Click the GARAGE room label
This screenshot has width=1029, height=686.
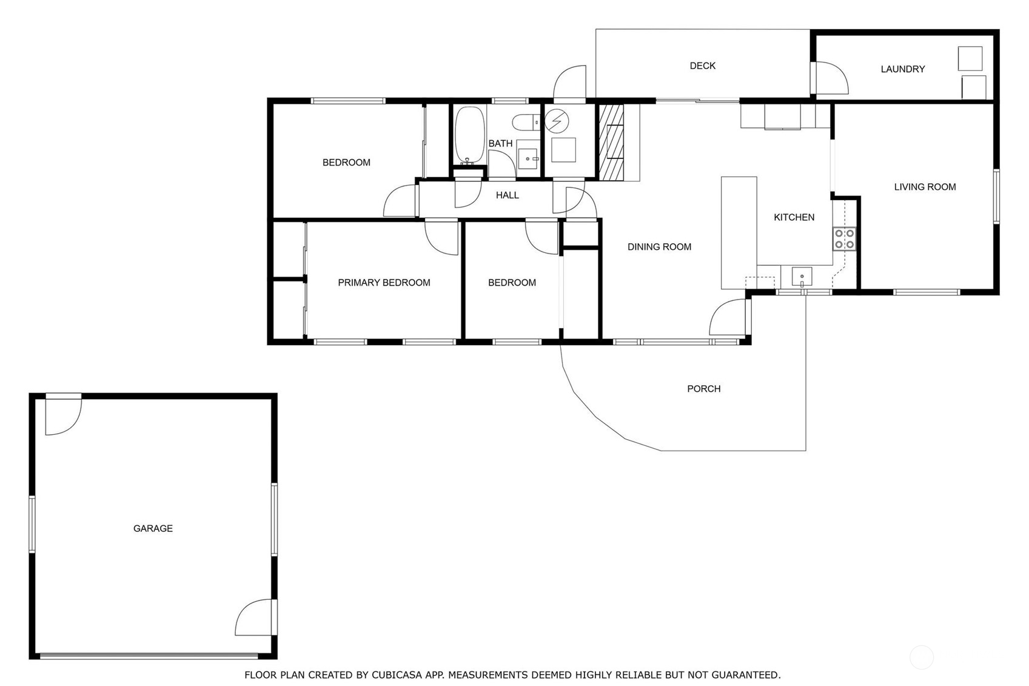pyautogui.click(x=153, y=528)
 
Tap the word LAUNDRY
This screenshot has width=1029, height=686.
pyautogui.click(x=903, y=69)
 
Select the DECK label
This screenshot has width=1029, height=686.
pyautogui.click(x=702, y=66)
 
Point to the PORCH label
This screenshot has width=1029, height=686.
pyautogui.click(x=704, y=389)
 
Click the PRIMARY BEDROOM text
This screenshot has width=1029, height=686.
pyautogui.click(x=384, y=283)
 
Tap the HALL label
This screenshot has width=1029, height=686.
pyautogui.click(x=507, y=195)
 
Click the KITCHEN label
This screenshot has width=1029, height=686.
pyautogui.click(x=794, y=217)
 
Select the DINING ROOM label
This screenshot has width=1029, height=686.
pyautogui.click(x=659, y=247)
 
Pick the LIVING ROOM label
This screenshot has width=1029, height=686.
pyautogui.click(x=925, y=187)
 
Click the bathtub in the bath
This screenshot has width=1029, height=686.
pyautogui.click(x=469, y=135)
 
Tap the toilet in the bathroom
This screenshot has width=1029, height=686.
pyautogui.click(x=526, y=123)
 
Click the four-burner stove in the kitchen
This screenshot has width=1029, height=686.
pyautogui.click(x=844, y=239)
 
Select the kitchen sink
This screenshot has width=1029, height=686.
pyautogui.click(x=802, y=277)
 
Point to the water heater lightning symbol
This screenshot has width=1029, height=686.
pyautogui.click(x=557, y=121)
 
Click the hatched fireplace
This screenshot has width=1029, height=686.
pyautogui.click(x=611, y=143)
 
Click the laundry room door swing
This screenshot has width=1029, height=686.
pyautogui.click(x=830, y=78)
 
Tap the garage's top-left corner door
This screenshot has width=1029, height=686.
pyautogui.click(x=64, y=414)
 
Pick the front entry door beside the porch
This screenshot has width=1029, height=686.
pyautogui.click(x=730, y=317)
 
